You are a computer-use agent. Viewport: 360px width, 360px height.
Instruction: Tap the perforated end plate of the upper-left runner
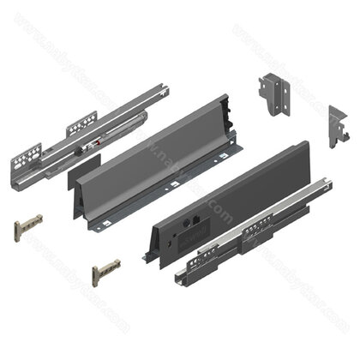pyautogui.click(x=26, y=160)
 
